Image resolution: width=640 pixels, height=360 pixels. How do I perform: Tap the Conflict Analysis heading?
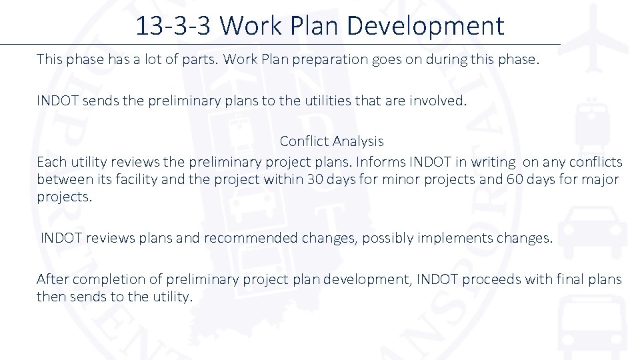[x=331, y=141]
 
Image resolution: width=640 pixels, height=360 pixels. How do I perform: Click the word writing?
[x=492, y=162]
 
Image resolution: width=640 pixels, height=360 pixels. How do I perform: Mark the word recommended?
[x=251, y=238]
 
